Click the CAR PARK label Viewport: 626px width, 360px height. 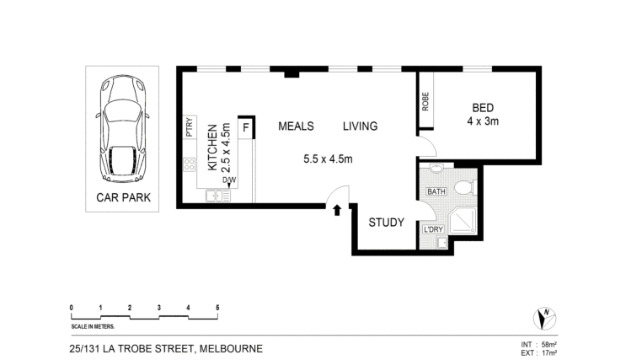coord(123,197)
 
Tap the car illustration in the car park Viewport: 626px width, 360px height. coord(122,129)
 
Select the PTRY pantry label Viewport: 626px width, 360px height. coord(190,127)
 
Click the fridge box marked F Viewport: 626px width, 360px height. coord(246,128)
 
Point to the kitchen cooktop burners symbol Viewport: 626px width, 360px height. coord(190,164)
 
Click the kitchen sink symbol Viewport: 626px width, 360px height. coord(218,196)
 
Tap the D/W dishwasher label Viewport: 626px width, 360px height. coord(229,180)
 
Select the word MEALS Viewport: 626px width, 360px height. coord(296,126)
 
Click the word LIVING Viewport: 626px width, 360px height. coord(360,126)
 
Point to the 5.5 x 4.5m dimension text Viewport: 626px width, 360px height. coord(328,159)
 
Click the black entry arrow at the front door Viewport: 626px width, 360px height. coord(337,210)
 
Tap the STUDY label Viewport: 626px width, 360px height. coord(386,222)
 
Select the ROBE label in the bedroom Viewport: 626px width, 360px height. coord(425,101)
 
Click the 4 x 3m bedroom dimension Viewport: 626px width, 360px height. coord(483,121)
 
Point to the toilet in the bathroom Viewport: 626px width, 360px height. coord(465,187)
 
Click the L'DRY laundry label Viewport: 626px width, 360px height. coord(433,229)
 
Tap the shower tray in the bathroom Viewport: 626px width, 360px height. coord(463,221)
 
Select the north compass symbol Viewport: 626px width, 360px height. coord(544,319)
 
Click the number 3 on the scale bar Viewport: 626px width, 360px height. coord(159,308)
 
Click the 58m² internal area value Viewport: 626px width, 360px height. coord(549,345)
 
